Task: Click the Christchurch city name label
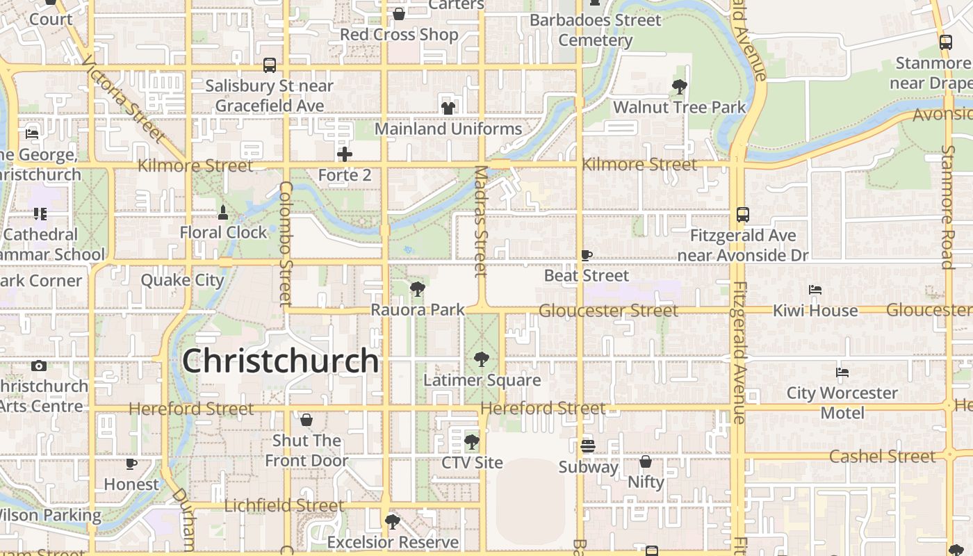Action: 280,361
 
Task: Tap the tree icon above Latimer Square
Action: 481,359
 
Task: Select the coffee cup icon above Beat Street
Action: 587,255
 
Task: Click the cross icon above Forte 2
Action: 344,154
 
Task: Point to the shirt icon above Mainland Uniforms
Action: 448,108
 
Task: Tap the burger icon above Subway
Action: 588,445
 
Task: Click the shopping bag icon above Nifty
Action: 646,461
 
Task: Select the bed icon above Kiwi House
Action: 815,289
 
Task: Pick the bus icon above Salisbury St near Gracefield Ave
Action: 270,65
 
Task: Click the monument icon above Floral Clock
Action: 223,211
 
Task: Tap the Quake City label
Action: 182,280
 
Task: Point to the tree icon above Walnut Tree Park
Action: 679,87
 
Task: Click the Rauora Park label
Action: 418,309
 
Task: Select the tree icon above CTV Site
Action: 472,442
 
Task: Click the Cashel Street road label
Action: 883,457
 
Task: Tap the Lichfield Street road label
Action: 284,505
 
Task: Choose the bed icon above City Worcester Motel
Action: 842,372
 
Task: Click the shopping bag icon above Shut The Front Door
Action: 306,420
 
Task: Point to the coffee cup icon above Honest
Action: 131,464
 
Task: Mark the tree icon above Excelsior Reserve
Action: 393,521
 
